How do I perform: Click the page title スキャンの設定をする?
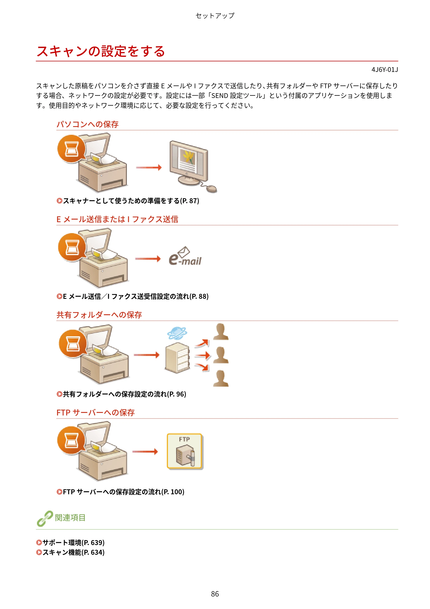point(101,51)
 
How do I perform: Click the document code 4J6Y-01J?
point(385,70)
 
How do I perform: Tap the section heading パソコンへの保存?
point(88,124)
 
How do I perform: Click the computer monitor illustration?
point(189,163)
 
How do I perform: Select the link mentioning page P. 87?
point(128,201)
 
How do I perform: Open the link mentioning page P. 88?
point(133,296)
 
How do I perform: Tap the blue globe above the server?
point(177,333)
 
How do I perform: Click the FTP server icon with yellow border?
point(185,451)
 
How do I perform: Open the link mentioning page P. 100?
point(121,492)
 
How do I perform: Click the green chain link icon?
point(45,518)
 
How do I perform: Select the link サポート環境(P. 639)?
point(71,542)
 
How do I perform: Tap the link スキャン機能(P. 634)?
point(71,552)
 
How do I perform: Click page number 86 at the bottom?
point(215,594)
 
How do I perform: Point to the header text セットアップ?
point(215,16)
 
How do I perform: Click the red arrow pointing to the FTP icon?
point(145,451)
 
